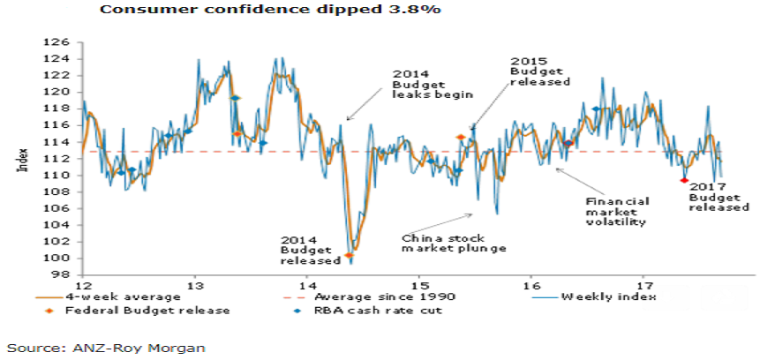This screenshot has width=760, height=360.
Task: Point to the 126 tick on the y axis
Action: tap(59, 41)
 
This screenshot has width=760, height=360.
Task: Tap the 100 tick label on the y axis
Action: tap(59, 258)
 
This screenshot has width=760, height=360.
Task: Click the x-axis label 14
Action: tap(306, 286)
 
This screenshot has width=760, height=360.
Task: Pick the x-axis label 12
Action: tap(84, 286)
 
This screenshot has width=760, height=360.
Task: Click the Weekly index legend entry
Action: tap(609, 297)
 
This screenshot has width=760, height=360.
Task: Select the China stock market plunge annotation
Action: tap(453, 244)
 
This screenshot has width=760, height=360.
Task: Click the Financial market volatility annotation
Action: tap(617, 212)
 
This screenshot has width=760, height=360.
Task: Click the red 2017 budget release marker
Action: tap(684, 180)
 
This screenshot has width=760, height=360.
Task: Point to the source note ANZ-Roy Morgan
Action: tap(105, 348)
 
